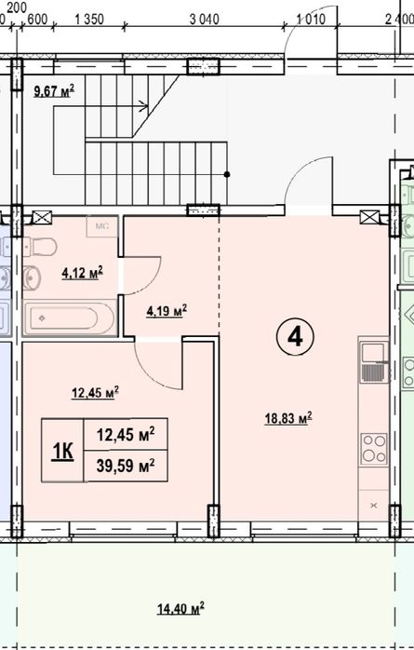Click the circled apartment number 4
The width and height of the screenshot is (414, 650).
click(295, 337)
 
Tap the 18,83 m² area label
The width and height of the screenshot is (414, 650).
click(288, 418)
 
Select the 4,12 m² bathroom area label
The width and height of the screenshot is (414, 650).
click(83, 273)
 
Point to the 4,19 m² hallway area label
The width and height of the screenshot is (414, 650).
click(167, 310)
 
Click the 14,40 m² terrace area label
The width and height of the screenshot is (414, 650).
click(180, 608)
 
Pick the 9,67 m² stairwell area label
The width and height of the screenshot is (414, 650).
click(54, 90)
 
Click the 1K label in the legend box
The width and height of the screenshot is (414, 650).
click(62, 451)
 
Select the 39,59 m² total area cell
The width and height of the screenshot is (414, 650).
click(126, 466)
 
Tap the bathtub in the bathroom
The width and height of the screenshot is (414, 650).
click(70, 318)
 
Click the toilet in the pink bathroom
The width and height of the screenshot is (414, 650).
click(40, 247)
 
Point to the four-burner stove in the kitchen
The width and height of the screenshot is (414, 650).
click(374, 449)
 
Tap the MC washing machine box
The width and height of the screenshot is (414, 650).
click(101, 226)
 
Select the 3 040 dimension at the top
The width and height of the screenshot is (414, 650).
click(204, 19)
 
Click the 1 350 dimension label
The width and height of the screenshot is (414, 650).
click(89, 19)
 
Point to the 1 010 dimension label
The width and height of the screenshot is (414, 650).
click(311, 19)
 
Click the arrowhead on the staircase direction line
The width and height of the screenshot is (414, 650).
click(143, 106)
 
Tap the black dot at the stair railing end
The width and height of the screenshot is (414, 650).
click(227, 174)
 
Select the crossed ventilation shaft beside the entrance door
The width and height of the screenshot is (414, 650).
click(369, 217)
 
